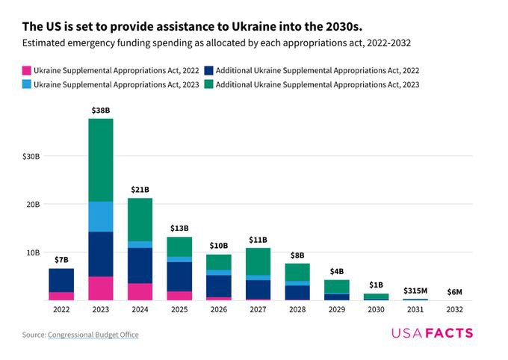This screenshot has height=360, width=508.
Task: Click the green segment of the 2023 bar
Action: pyautogui.click(x=101, y=160)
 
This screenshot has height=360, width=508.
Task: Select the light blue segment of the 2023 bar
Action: pyautogui.click(x=101, y=217)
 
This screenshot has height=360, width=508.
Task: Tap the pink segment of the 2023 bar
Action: pyautogui.click(x=101, y=288)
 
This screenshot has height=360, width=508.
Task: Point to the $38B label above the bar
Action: pyautogui.click(x=101, y=110)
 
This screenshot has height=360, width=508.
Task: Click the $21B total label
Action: pyautogui.click(x=140, y=190)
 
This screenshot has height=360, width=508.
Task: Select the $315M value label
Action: pyautogui.click(x=415, y=291)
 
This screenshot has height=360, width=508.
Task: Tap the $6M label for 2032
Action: pyautogui.click(x=454, y=291)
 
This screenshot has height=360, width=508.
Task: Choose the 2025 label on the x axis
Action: pyautogui.click(x=179, y=308)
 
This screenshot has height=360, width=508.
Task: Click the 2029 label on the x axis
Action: pyautogui.click(x=336, y=308)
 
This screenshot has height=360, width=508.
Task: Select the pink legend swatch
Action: pyautogui.click(x=27, y=69)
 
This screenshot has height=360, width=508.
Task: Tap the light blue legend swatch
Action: pyautogui.click(x=27, y=84)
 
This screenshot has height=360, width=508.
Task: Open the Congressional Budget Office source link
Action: pyautogui.click(x=93, y=335)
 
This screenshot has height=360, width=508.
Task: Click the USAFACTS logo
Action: pyautogui.click(x=432, y=333)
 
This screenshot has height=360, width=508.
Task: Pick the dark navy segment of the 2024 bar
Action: pyautogui.click(x=140, y=265)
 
